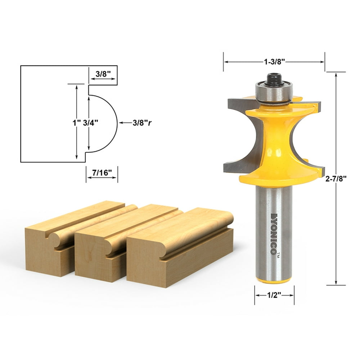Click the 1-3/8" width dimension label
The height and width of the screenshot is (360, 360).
pyautogui.click(x=274, y=62)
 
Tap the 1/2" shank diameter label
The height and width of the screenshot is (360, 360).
pyautogui.click(x=274, y=294)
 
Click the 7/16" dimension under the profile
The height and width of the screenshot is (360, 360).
pyautogui.click(x=102, y=173)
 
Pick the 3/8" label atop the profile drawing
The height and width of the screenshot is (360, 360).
pyautogui.click(x=103, y=73)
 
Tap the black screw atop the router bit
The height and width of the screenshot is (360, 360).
pyautogui.click(x=274, y=79)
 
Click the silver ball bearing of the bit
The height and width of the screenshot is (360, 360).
pyautogui.click(x=274, y=92)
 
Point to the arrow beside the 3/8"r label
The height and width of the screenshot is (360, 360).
pyautogui.click(x=125, y=123)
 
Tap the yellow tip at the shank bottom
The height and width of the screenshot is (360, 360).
pyautogui.click(x=274, y=280)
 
